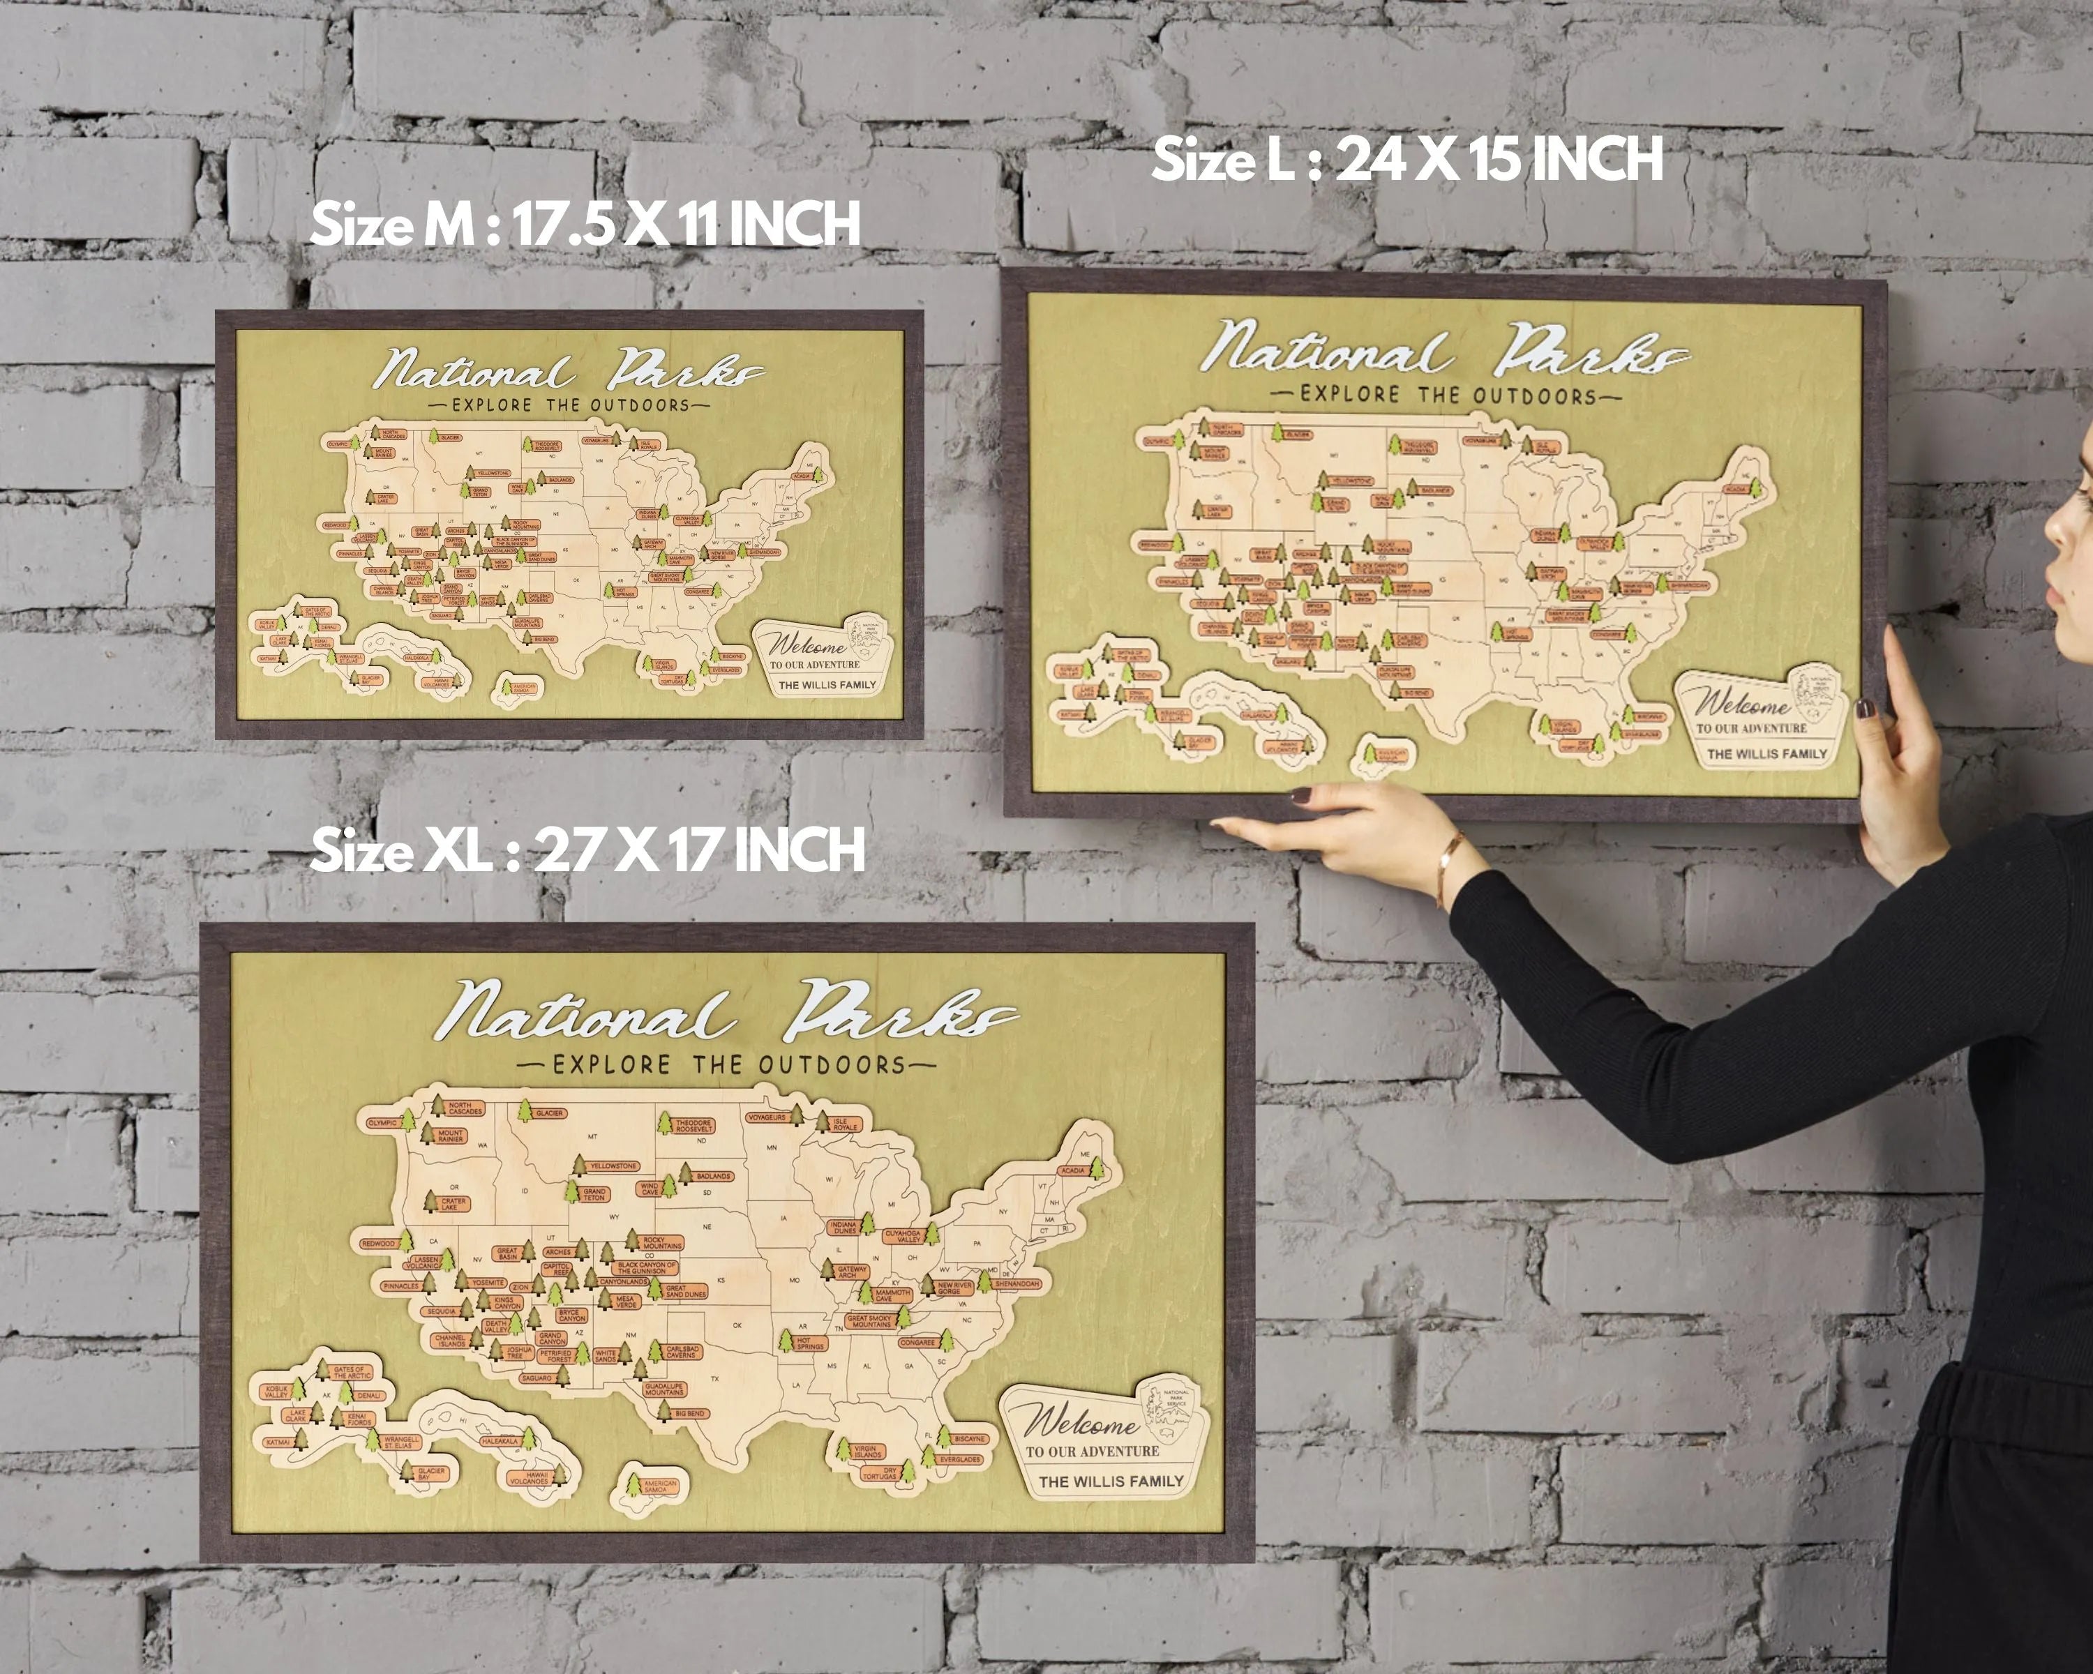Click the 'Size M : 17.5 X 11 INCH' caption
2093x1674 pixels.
585,224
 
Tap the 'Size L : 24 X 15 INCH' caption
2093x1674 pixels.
1406,160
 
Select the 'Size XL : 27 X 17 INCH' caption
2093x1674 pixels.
586,851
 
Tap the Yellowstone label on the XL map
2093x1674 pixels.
613,1166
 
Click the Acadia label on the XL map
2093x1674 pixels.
1073,1170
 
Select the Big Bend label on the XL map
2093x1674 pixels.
689,1413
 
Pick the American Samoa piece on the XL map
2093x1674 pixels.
659,1486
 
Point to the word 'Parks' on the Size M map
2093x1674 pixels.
684,372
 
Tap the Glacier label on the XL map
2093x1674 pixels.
550,1113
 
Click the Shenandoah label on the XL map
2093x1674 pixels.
1017,1283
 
